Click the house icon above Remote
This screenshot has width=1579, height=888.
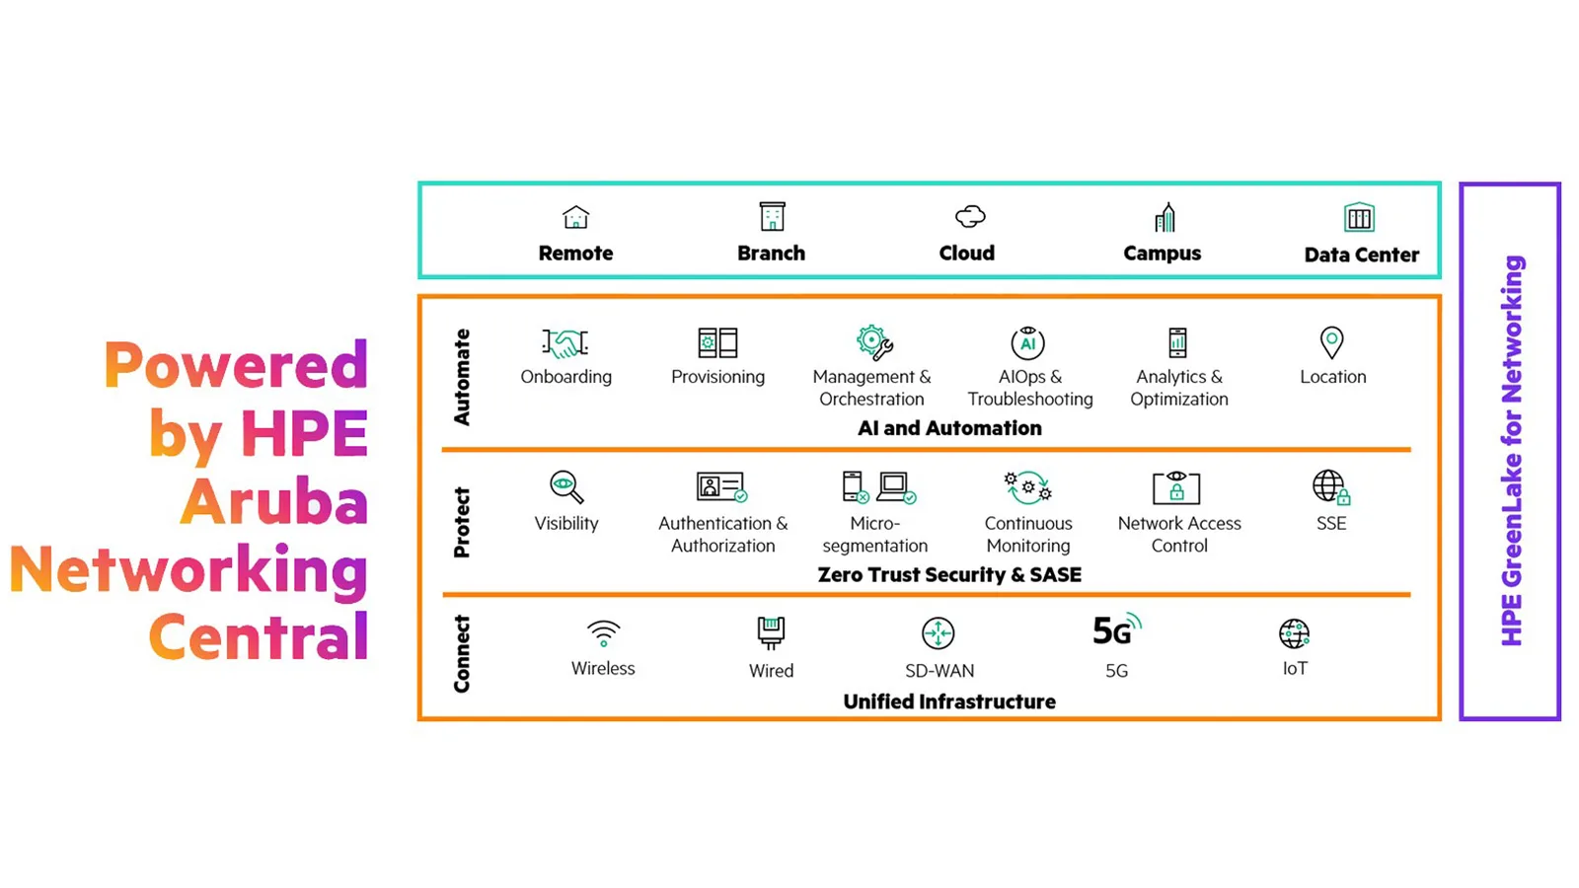click(x=576, y=217)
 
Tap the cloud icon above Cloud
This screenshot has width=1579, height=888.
click(x=970, y=216)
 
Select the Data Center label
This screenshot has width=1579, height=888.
click(x=1361, y=256)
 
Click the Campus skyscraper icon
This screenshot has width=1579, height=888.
click(x=1165, y=217)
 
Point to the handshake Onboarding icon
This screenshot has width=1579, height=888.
click(x=564, y=343)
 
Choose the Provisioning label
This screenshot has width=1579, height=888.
click(x=717, y=377)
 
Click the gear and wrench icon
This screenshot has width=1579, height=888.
click(x=874, y=342)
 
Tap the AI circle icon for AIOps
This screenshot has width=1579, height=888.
click(x=1027, y=342)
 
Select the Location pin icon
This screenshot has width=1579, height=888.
click(x=1331, y=342)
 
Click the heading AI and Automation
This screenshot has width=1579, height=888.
click(x=949, y=428)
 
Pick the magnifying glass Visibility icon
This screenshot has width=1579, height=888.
click(x=566, y=487)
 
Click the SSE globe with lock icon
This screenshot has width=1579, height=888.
click(x=1331, y=487)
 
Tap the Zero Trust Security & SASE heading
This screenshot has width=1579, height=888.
click(x=949, y=575)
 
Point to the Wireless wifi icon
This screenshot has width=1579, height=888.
click(x=603, y=632)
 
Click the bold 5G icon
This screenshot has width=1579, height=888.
click(x=1116, y=630)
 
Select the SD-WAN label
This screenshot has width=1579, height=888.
click(x=940, y=671)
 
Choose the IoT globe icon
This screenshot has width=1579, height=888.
click(x=1294, y=633)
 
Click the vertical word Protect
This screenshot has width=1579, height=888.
click(x=462, y=522)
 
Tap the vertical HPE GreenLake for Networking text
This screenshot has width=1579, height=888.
click(x=1512, y=451)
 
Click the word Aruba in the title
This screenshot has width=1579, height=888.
click(x=274, y=501)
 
